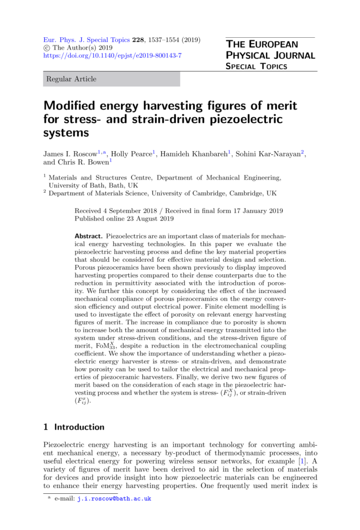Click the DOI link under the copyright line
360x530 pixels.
click(x=112, y=55)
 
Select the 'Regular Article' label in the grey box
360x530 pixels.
click(x=71, y=79)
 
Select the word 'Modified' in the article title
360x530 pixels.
click(x=70, y=106)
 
